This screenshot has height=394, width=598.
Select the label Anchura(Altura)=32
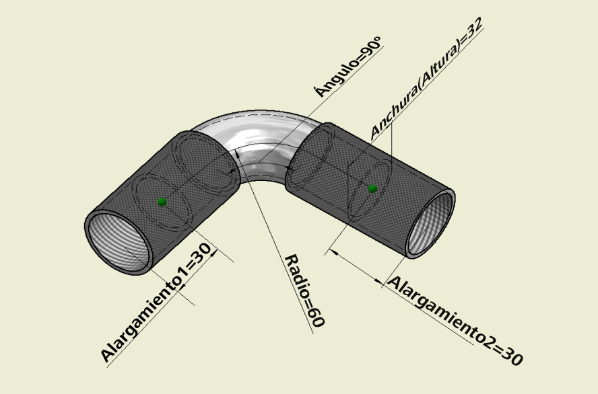(426, 78)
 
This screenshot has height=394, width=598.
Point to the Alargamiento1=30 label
(156, 303)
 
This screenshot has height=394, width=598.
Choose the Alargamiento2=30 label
(455, 321)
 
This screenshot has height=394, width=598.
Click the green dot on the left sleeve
(162, 202)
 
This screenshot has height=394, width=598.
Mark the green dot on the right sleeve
(372, 188)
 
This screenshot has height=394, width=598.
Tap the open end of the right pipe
(430, 224)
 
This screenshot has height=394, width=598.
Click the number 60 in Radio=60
(316, 317)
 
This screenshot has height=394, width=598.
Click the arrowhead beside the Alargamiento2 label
(378, 281)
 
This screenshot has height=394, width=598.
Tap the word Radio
(296, 275)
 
